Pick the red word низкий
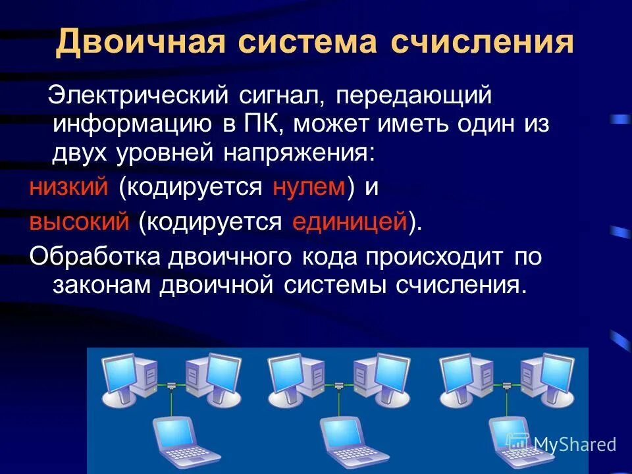(68, 188)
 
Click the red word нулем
(309, 188)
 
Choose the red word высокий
(79, 222)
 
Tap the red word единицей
(350, 222)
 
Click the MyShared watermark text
(574, 444)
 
